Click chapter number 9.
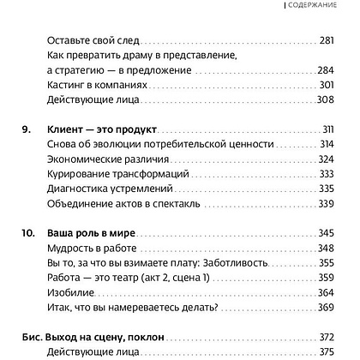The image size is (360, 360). pyautogui.click(x=23, y=129)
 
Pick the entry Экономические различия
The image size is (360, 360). pyautogui.click(x=104, y=160)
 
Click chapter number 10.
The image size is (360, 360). pyautogui.click(x=26, y=234)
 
